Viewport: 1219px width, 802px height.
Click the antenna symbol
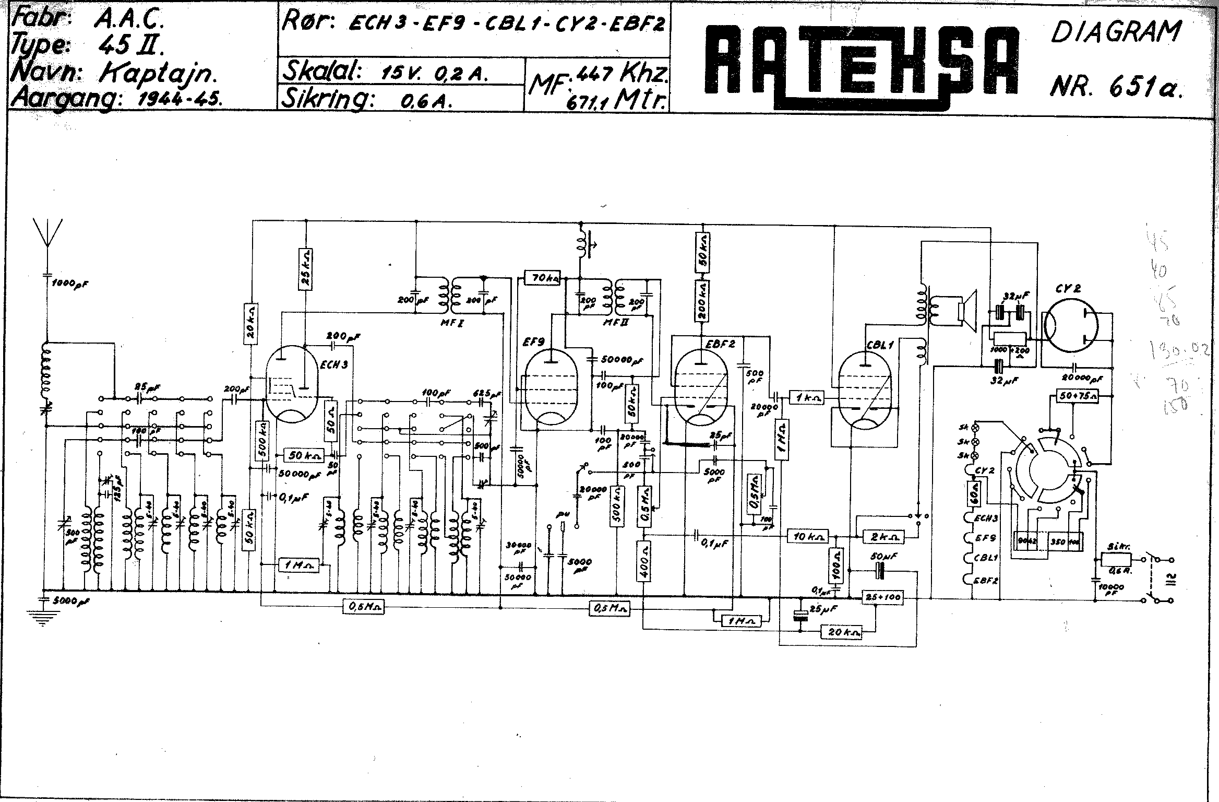47,238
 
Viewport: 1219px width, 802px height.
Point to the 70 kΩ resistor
543,278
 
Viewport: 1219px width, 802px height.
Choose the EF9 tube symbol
552,386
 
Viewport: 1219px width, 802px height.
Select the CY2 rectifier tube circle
1070,326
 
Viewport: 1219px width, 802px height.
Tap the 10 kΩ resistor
808,536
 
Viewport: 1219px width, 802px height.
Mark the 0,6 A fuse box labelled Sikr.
1116,559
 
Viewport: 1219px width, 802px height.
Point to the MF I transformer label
451,323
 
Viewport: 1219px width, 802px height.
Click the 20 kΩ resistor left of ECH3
252,324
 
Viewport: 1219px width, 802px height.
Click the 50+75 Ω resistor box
1077,397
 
